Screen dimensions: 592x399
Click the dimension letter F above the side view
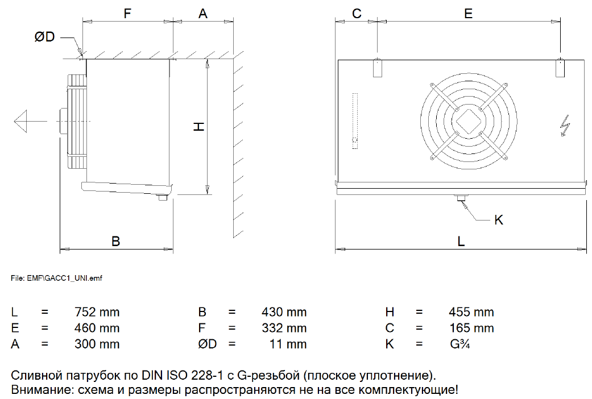click(x=127, y=14)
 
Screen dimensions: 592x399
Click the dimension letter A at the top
click(x=203, y=14)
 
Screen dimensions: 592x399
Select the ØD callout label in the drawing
click(x=44, y=36)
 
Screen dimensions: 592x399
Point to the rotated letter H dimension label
click(x=199, y=126)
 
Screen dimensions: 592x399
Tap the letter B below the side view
click(x=115, y=241)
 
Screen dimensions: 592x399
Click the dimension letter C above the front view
click(x=357, y=14)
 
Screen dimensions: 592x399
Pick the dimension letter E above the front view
click(x=468, y=14)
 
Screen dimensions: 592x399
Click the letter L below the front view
click(x=461, y=241)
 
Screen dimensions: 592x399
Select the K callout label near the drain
click(x=499, y=220)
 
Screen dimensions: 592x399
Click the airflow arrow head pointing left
click(x=20, y=121)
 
